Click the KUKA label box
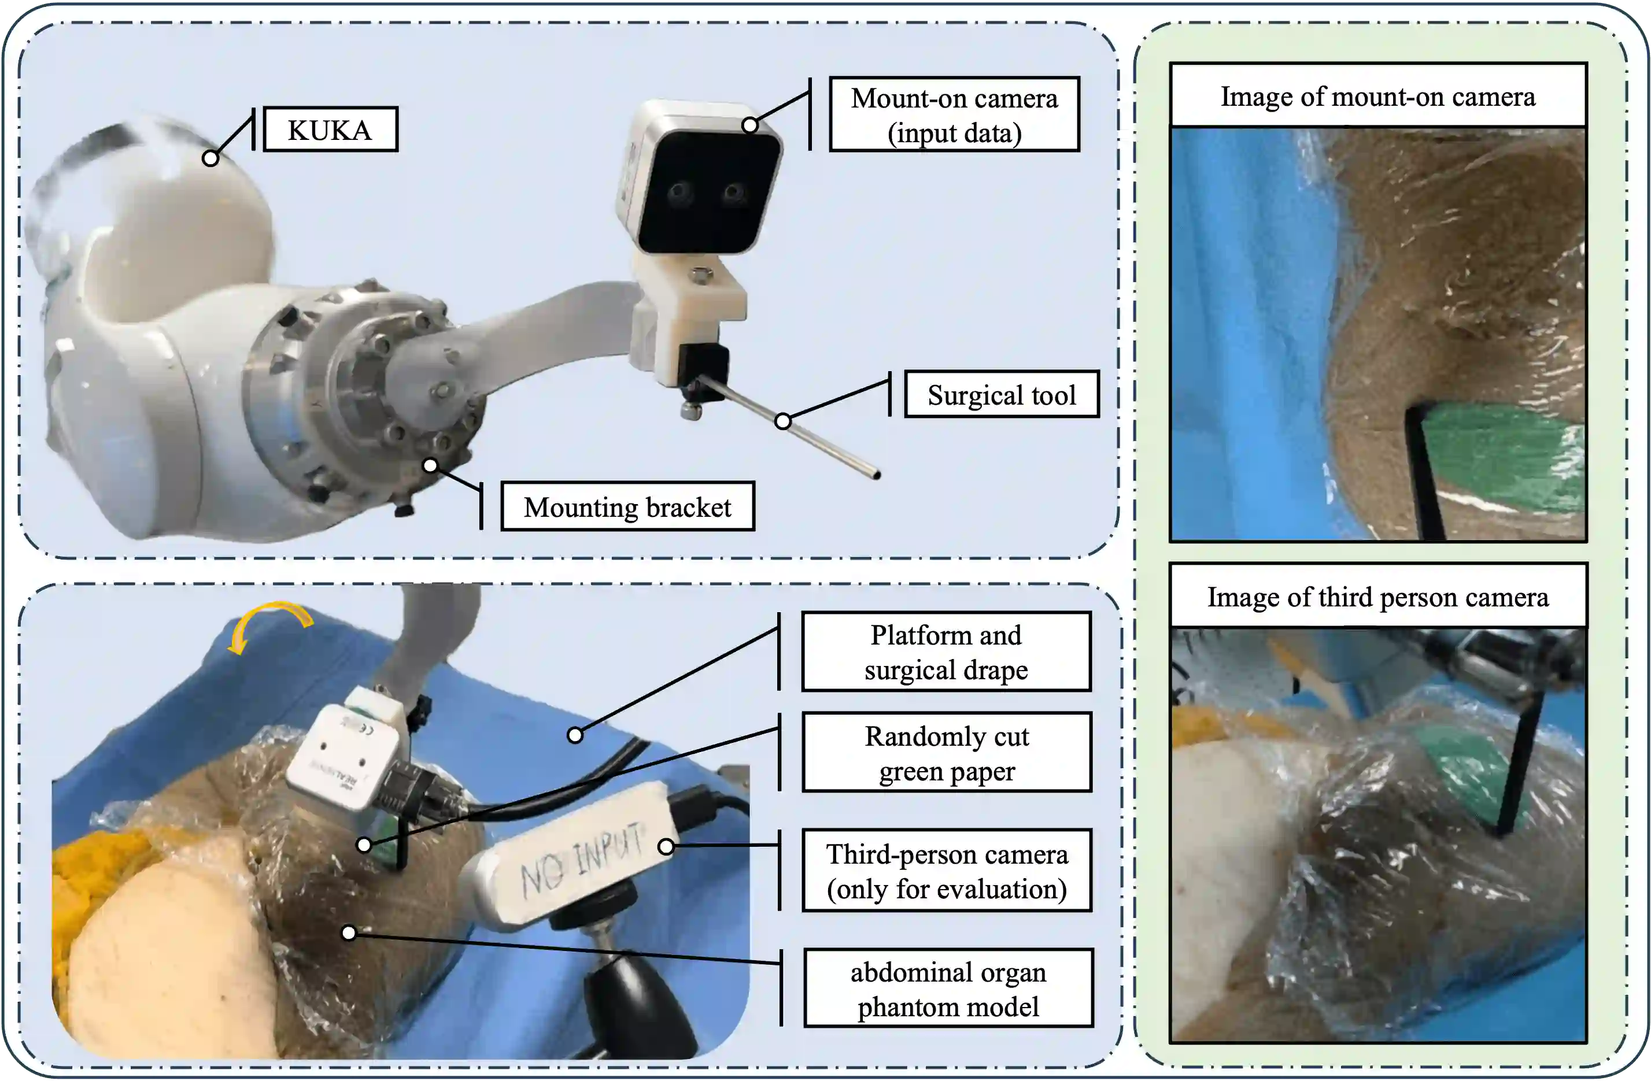click(x=330, y=129)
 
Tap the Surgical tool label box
click(x=1001, y=395)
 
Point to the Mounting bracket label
click(x=627, y=507)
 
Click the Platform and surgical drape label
click(x=946, y=652)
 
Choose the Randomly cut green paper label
click(x=946, y=753)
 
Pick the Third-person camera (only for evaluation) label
click(x=946, y=871)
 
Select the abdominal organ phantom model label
click(x=948, y=989)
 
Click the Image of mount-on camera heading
click(x=1377, y=96)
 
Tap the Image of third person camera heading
click(x=1377, y=597)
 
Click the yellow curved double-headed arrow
click(x=270, y=621)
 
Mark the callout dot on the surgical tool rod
click(x=782, y=421)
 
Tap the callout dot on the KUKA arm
click(x=210, y=158)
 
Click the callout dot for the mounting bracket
click(x=430, y=465)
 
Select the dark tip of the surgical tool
click(x=876, y=475)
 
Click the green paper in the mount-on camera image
click(x=1498, y=458)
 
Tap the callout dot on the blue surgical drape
click(x=575, y=735)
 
